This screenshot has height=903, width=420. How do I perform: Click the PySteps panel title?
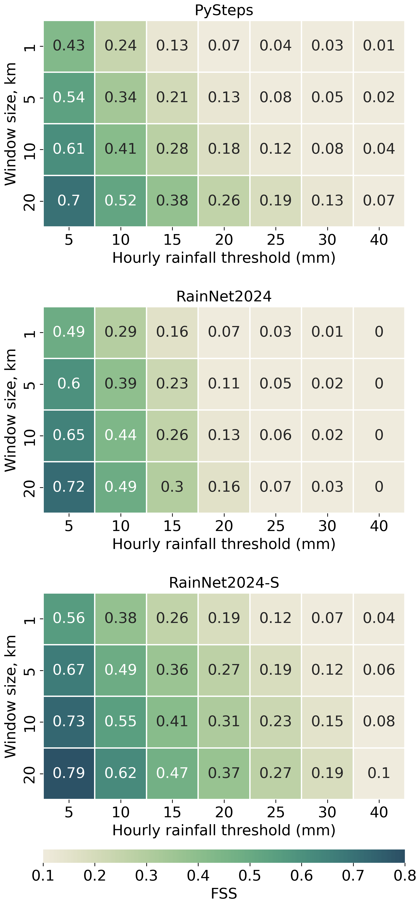[x=224, y=10]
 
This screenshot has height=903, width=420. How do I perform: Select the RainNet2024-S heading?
[x=224, y=583]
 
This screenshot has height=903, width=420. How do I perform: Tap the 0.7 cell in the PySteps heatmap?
[x=69, y=201]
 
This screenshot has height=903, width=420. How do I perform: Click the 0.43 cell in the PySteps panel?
[x=69, y=46]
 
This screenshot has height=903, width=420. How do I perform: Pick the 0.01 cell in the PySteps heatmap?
[x=379, y=46]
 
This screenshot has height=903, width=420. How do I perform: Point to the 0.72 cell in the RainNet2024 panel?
[x=69, y=487]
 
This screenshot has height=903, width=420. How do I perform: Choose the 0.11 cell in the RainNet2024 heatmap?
[x=224, y=384]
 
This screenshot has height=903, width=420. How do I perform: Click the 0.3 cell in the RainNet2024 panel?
[x=172, y=487]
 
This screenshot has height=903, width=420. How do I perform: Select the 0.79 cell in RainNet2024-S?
[x=69, y=773]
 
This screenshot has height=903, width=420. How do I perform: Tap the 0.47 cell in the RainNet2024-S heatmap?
[x=172, y=773]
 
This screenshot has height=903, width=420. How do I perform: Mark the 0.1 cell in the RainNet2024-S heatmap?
[x=379, y=773]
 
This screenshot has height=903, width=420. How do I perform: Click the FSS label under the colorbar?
[x=224, y=893]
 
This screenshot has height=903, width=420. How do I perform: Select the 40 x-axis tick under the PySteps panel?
[x=379, y=240]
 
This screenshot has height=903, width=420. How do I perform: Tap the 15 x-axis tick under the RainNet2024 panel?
[x=172, y=526]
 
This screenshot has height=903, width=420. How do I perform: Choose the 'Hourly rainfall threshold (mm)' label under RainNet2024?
[x=224, y=544]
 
